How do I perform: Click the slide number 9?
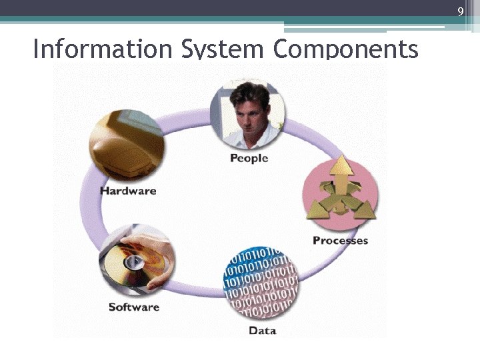click(x=460, y=11)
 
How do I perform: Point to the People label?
click(x=249, y=158)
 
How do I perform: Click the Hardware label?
click(x=128, y=191)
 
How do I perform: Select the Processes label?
click(x=340, y=240)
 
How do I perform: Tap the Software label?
click(x=134, y=307)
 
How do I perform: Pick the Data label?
click(x=262, y=330)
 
